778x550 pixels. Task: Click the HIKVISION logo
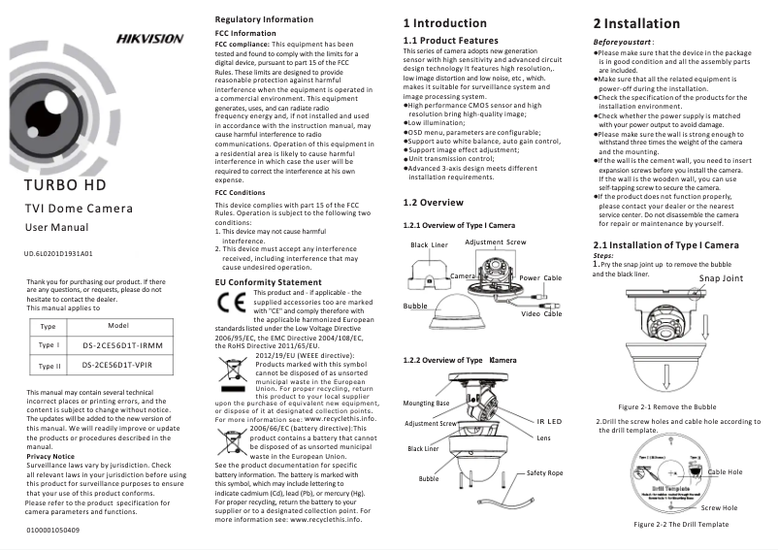coord(149,39)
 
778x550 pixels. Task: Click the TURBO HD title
coord(66,184)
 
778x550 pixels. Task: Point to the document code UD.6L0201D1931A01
coord(58,253)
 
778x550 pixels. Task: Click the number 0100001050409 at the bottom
coord(53,531)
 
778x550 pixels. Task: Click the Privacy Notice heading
coord(50,455)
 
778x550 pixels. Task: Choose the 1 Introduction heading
coord(444,22)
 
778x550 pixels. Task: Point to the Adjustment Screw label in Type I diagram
coord(496,242)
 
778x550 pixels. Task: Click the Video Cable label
coord(541,313)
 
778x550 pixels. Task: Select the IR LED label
coord(549,421)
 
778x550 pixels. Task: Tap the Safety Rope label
coord(544,472)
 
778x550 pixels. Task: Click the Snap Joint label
coord(720,278)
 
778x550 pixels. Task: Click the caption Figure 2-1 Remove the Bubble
coord(666,406)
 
